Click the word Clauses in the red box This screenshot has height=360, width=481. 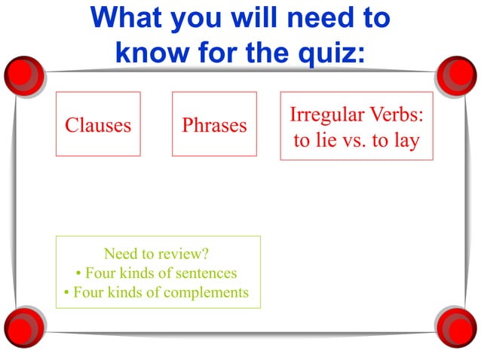[x=98, y=125]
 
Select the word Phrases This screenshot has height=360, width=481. [x=214, y=125]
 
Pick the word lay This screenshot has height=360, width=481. [x=406, y=141]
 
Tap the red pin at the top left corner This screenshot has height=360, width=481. [x=23, y=73]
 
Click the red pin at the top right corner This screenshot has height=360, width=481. [x=457, y=73]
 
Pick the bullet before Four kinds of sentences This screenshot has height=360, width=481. [x=79, y=273]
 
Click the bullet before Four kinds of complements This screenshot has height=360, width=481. [x=68, y=293]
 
